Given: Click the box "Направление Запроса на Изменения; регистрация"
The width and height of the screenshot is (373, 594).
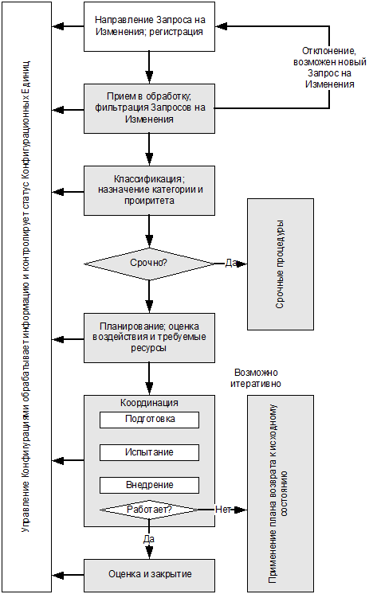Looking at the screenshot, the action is click(x=149, y=26).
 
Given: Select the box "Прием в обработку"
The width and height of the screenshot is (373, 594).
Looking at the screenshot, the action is click(x=149, y=108).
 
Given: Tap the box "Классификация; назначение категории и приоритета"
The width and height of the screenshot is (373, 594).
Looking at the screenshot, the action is click(x=149, y=190).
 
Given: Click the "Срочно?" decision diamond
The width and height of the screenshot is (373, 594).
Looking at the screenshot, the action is click(x=149, y=264).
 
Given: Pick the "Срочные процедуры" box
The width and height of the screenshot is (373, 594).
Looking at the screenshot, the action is click(x=281, y=264).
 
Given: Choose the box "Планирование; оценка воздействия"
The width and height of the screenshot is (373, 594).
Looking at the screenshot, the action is click(x=149, y=338).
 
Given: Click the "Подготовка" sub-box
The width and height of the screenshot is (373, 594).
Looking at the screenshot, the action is click(x=149, y=420).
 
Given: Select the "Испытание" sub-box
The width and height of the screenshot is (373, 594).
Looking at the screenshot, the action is click(x=149, y=452).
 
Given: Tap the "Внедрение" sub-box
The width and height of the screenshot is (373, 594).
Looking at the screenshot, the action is click(x=149, y=485).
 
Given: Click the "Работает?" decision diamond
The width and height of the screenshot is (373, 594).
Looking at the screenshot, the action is click(x=149, y=510).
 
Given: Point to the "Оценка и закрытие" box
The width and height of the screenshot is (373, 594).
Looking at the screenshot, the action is click(x=149, y=575).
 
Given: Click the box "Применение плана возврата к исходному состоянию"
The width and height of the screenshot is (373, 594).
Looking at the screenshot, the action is click(x=281, y=493).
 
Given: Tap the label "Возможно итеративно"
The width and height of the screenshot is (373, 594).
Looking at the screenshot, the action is click(x=256, y=378).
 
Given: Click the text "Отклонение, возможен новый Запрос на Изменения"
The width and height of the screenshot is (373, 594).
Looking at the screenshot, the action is click(x=330, y=68).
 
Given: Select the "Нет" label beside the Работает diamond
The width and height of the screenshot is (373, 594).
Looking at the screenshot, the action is click(x=223, y=510).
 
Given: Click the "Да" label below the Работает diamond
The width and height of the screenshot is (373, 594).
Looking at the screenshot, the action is click(x=149, y=539).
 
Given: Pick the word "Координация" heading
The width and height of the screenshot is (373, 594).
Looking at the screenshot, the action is click(x=149, y=403).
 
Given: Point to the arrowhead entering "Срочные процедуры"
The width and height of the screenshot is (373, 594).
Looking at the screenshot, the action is click(x=242, y=264).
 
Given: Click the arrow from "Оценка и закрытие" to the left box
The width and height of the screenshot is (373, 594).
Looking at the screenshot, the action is click(x=68, y=575).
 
